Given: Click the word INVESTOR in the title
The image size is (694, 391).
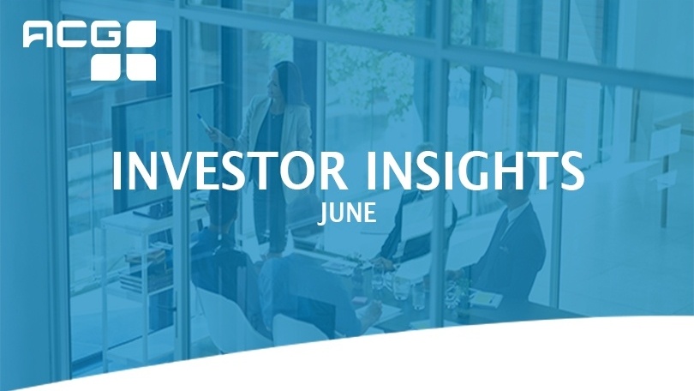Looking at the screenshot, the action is (x=230, y=171).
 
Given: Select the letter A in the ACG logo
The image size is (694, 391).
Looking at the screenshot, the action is (x=38, y=34).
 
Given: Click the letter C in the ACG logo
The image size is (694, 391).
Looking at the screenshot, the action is (x=72, y=34).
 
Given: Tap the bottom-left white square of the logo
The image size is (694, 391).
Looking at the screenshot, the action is (x=106, y=67).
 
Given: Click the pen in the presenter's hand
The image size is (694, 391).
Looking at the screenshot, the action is (x=205, y=122).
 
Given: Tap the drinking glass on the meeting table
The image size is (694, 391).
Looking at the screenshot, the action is (x=402, y=288).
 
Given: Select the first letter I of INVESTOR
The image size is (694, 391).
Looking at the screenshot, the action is (x=117, y=171).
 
